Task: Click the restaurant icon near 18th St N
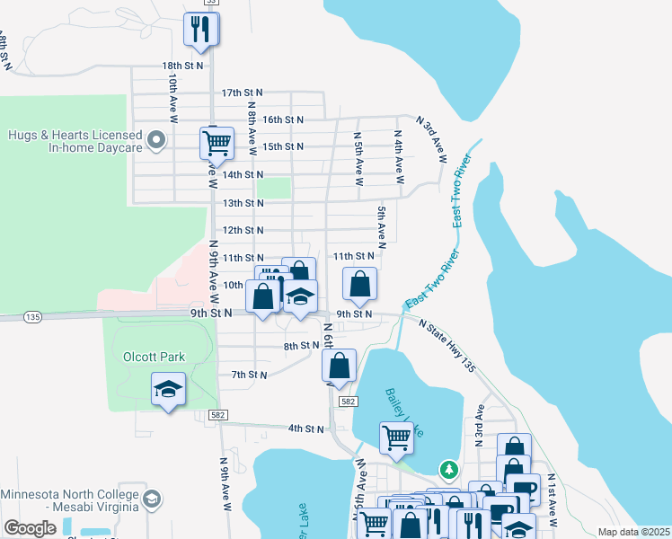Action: point(201,29)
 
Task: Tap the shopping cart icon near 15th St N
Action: point(217,142)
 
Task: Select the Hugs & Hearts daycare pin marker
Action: point(156,140)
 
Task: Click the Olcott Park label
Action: point(154,357)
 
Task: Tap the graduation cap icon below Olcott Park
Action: point(168,389)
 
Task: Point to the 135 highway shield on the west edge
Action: point(33,317)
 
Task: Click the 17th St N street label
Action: point(242,93)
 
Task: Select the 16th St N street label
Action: point(282,119)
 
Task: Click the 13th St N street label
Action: point(242,203)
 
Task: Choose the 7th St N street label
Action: point(249,375)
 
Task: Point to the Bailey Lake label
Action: point(403,410)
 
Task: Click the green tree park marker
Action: point(448,470)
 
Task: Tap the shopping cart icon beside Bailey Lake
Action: point(397,438)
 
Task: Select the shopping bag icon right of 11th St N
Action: point(359,285)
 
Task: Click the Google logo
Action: point(30,528)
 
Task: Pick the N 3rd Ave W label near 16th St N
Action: point(433,139)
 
